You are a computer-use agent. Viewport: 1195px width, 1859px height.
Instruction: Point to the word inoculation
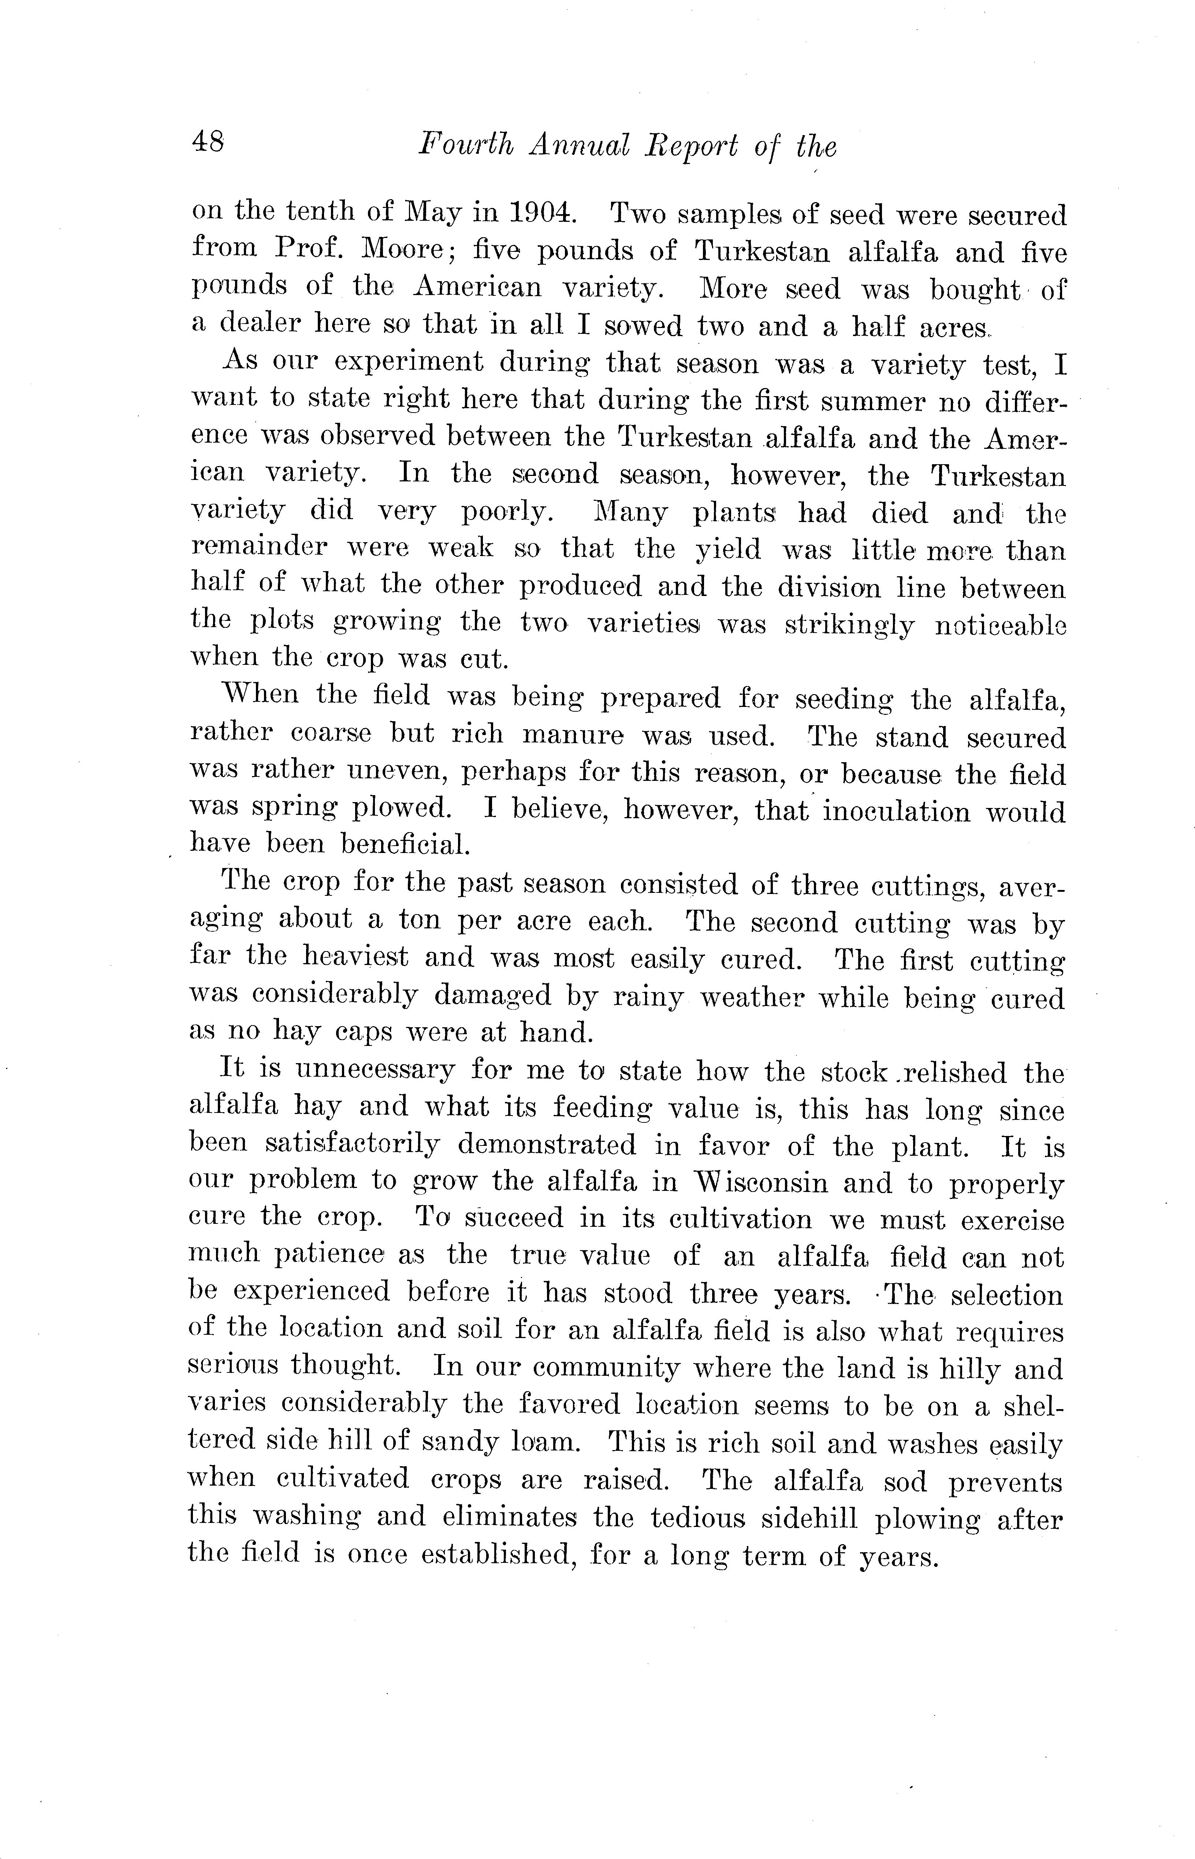click(896, 811)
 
